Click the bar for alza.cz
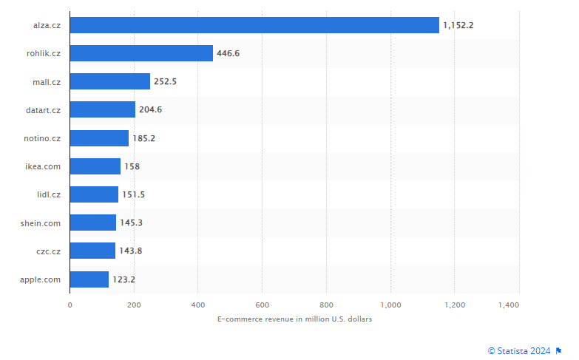pyautogui.click(x=254, y=25)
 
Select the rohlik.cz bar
pyautogui.click(x=141, y=53)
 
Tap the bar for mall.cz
pyautogui.click(x=110, y=81)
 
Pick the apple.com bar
pyautogui.click(x=89, y=279)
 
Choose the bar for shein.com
pyautogui.click(x=93, y=223)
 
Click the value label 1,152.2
pyautogui.click(x=458, y=25)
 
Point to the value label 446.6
pyautogui.click(x=228, y=53)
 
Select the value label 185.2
pyautogui.click(x=143, y=138)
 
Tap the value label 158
pyautogui.click(x=132, y=166)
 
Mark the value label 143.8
pyautogui.click(x=130, y=251)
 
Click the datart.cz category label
pyautogui.click(x=43, y=110)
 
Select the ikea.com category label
pyautogui.click(x=43, y=166)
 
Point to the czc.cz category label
pyautogui.click(x=48, y=251)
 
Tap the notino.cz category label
pyautogui.click(x=42, y=138)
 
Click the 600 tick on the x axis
pyautogui.click(x=262, y=305)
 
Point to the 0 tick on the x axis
pyautogui.click(x=70, y=305)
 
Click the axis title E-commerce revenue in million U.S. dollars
pyautogui.click(x=294, y=319)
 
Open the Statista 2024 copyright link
pyautogui.click(x=519, y=350)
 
